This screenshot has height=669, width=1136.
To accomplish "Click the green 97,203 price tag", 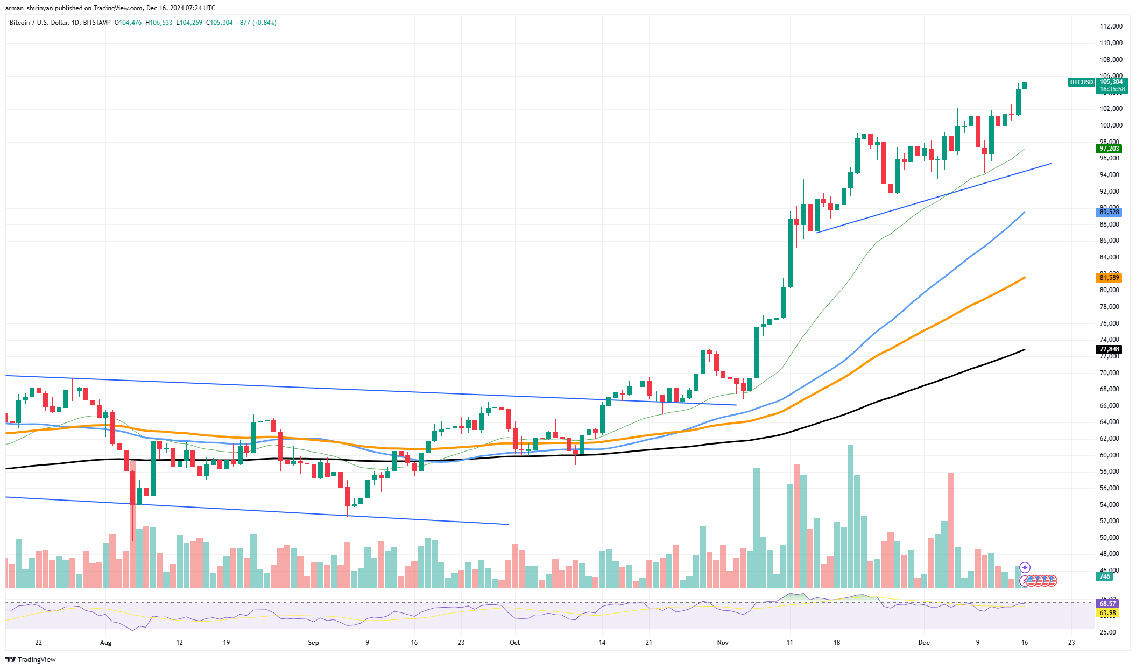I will (1109, 149).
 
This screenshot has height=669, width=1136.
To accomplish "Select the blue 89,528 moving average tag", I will (1109, 212).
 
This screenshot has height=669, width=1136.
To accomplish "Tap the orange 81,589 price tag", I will (1109, 278).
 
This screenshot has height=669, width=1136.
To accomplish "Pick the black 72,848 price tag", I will (1109, 349).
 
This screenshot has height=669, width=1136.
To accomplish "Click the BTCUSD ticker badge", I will (1081, 82).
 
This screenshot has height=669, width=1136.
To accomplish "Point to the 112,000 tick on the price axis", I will (1111, 26).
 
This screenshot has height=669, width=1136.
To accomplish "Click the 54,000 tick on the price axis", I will (1111, 505).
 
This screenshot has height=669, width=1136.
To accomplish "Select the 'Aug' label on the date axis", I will (106, 643).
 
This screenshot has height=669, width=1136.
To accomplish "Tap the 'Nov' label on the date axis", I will (723, 643).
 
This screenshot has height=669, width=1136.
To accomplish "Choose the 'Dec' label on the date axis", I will (924, 643).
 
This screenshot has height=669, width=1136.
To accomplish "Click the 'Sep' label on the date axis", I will (313, 643).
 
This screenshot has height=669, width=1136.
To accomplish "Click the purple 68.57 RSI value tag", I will (1107, 604).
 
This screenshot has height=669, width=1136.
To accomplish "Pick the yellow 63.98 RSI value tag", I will (1107, 613).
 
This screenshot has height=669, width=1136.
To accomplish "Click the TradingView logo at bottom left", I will (31, 659).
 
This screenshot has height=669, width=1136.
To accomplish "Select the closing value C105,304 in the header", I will (220, 23).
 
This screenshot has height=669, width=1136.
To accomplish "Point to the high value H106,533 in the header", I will (159, 23).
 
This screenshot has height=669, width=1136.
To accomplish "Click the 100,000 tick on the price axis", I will (1111, 125).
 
